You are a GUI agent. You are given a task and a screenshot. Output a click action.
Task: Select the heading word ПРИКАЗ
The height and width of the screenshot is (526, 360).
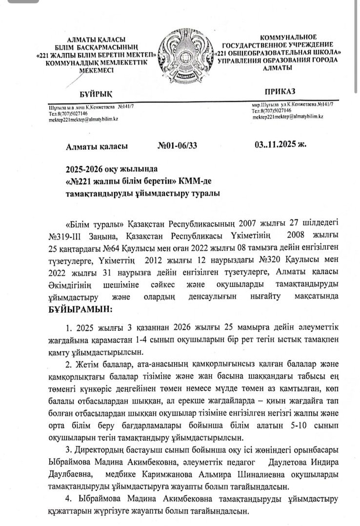(x=280, y=92)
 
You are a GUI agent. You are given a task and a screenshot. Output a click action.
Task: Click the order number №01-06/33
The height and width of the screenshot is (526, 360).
(x=178, y=145)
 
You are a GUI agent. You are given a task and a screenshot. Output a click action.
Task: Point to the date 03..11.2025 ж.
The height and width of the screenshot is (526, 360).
(x=280, y=145)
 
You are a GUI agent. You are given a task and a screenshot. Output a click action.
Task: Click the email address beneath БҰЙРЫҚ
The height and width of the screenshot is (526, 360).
(x=83, y=119)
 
